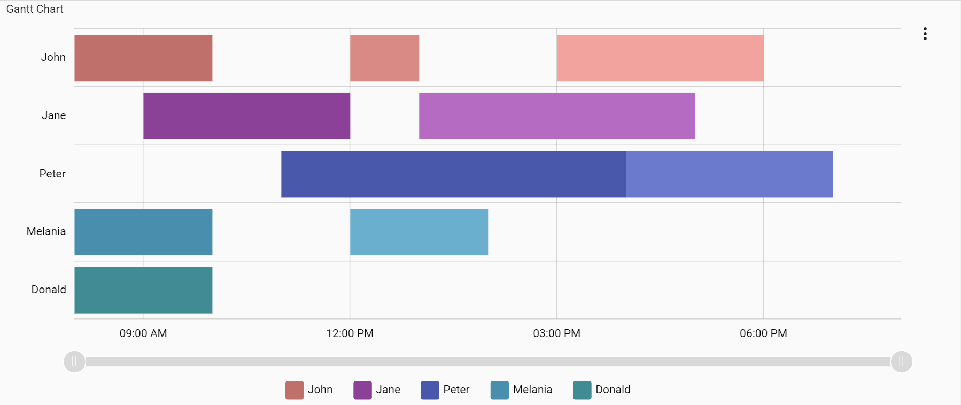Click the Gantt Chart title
tap(35, 9)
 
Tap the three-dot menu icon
tap(925, 34)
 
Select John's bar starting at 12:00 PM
tap(384, 58)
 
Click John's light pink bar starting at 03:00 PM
tap(660, 58)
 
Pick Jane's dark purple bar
tap(246, 116)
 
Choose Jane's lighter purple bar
tap(556, 116)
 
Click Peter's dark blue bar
tap(453, 174)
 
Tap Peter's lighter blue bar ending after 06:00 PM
tap(729, 174)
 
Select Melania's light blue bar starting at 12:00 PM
tap(418, 232)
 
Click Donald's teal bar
tap(143, 290)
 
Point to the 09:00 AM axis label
tap(143, 333)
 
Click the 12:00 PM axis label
tap(350, 333)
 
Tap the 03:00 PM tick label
tap(556, 333)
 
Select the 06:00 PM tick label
tap(763, 333)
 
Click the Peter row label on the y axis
tap(52, 174)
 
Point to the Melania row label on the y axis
tap(46, 231)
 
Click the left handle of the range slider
tap(74, 362)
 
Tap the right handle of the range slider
tap(901, 362)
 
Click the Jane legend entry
tap(377, 390)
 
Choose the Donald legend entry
tap(602, 390)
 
